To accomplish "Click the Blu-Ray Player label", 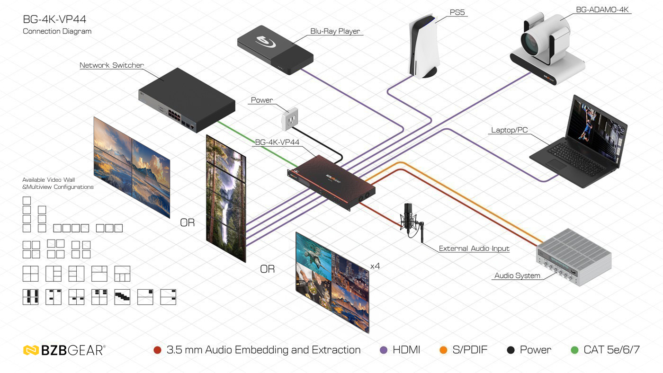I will pyautogui.click(x=335, y=31).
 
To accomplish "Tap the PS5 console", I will pyautogui.click(x=425, y=47).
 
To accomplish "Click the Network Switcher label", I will pyautogui.click(x=111, y=65).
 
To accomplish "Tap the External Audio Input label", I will pyautogui.click(x=474, y=249).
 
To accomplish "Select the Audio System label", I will pyautogui.click(x=517, y=275).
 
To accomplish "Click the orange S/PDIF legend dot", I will pyautogui.click(x=443, y=350).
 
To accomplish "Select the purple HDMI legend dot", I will pyautogui.click(x=384, y=350).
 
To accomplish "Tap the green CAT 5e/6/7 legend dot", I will pyautogui.click(x=575, y=350).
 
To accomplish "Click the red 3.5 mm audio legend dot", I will pyautogui.click(x=158, y=350).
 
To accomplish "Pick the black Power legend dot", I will pyautogui.click(x=511, y=350).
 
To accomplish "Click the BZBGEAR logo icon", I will pyautogui.click(x=31, y=350).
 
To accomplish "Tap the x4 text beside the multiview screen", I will pyautogui.click(x=375, y=266).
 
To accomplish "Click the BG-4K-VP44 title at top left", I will pyautogui.click(x=54, y=19).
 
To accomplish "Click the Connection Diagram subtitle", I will pyautogui.click(x=57, y=31).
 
